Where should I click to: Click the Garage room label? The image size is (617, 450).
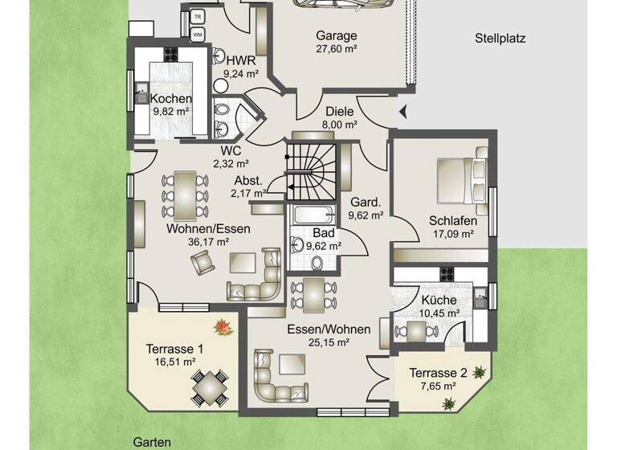tap(336, 36)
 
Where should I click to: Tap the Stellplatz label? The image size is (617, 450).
tap(500, 37)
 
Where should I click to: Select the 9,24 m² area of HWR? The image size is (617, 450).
tap(241, 73)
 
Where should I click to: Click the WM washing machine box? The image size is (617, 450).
tap(197, 35)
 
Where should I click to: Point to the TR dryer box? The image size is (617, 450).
tap(197, 15)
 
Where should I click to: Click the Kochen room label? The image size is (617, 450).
tap(171, 99)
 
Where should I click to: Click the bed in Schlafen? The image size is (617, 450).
tap(461, 180)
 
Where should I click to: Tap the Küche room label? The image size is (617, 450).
tap(439, 300)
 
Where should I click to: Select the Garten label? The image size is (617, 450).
tap(151, 442)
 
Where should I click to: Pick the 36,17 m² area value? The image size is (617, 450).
tap(208, 241)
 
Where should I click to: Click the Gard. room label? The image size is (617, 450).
tap(366, 202)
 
